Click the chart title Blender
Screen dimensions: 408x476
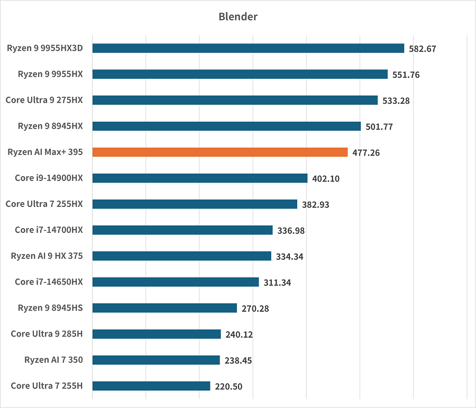tap(238, 16)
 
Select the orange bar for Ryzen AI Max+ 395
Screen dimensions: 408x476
tap(220, 152)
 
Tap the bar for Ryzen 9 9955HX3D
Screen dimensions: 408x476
tap(248, 48)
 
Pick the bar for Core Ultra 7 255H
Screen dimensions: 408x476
tap(151, 386)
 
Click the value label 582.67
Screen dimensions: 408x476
tap(423, 49)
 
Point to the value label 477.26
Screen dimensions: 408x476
tap(366, 153)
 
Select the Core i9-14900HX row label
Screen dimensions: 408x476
tap(49, 178)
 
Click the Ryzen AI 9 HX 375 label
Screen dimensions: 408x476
tap(47, 256)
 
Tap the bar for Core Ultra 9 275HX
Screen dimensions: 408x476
tap(235, 100)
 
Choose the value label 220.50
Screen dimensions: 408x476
tap(228, 386)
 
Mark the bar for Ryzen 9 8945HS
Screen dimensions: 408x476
tap(164, 308)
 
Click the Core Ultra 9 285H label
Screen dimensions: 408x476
tap(47, 333)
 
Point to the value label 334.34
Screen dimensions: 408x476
tap(290, 257)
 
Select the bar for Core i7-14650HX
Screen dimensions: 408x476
tap(176, 282)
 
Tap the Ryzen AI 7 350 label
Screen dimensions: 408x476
tap(53, 360)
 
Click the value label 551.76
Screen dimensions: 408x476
tap(406, 75)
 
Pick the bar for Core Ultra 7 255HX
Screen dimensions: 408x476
tap(195, 204)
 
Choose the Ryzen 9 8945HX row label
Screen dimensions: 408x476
tap(50, 126)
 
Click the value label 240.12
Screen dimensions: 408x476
tap(239, 334)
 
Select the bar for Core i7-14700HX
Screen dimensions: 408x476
tap(182, 230)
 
